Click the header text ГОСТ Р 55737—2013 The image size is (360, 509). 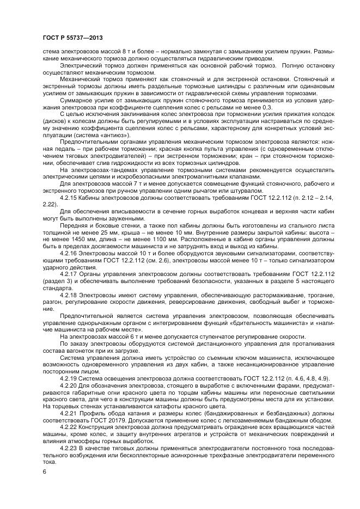(x=72, y=38)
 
